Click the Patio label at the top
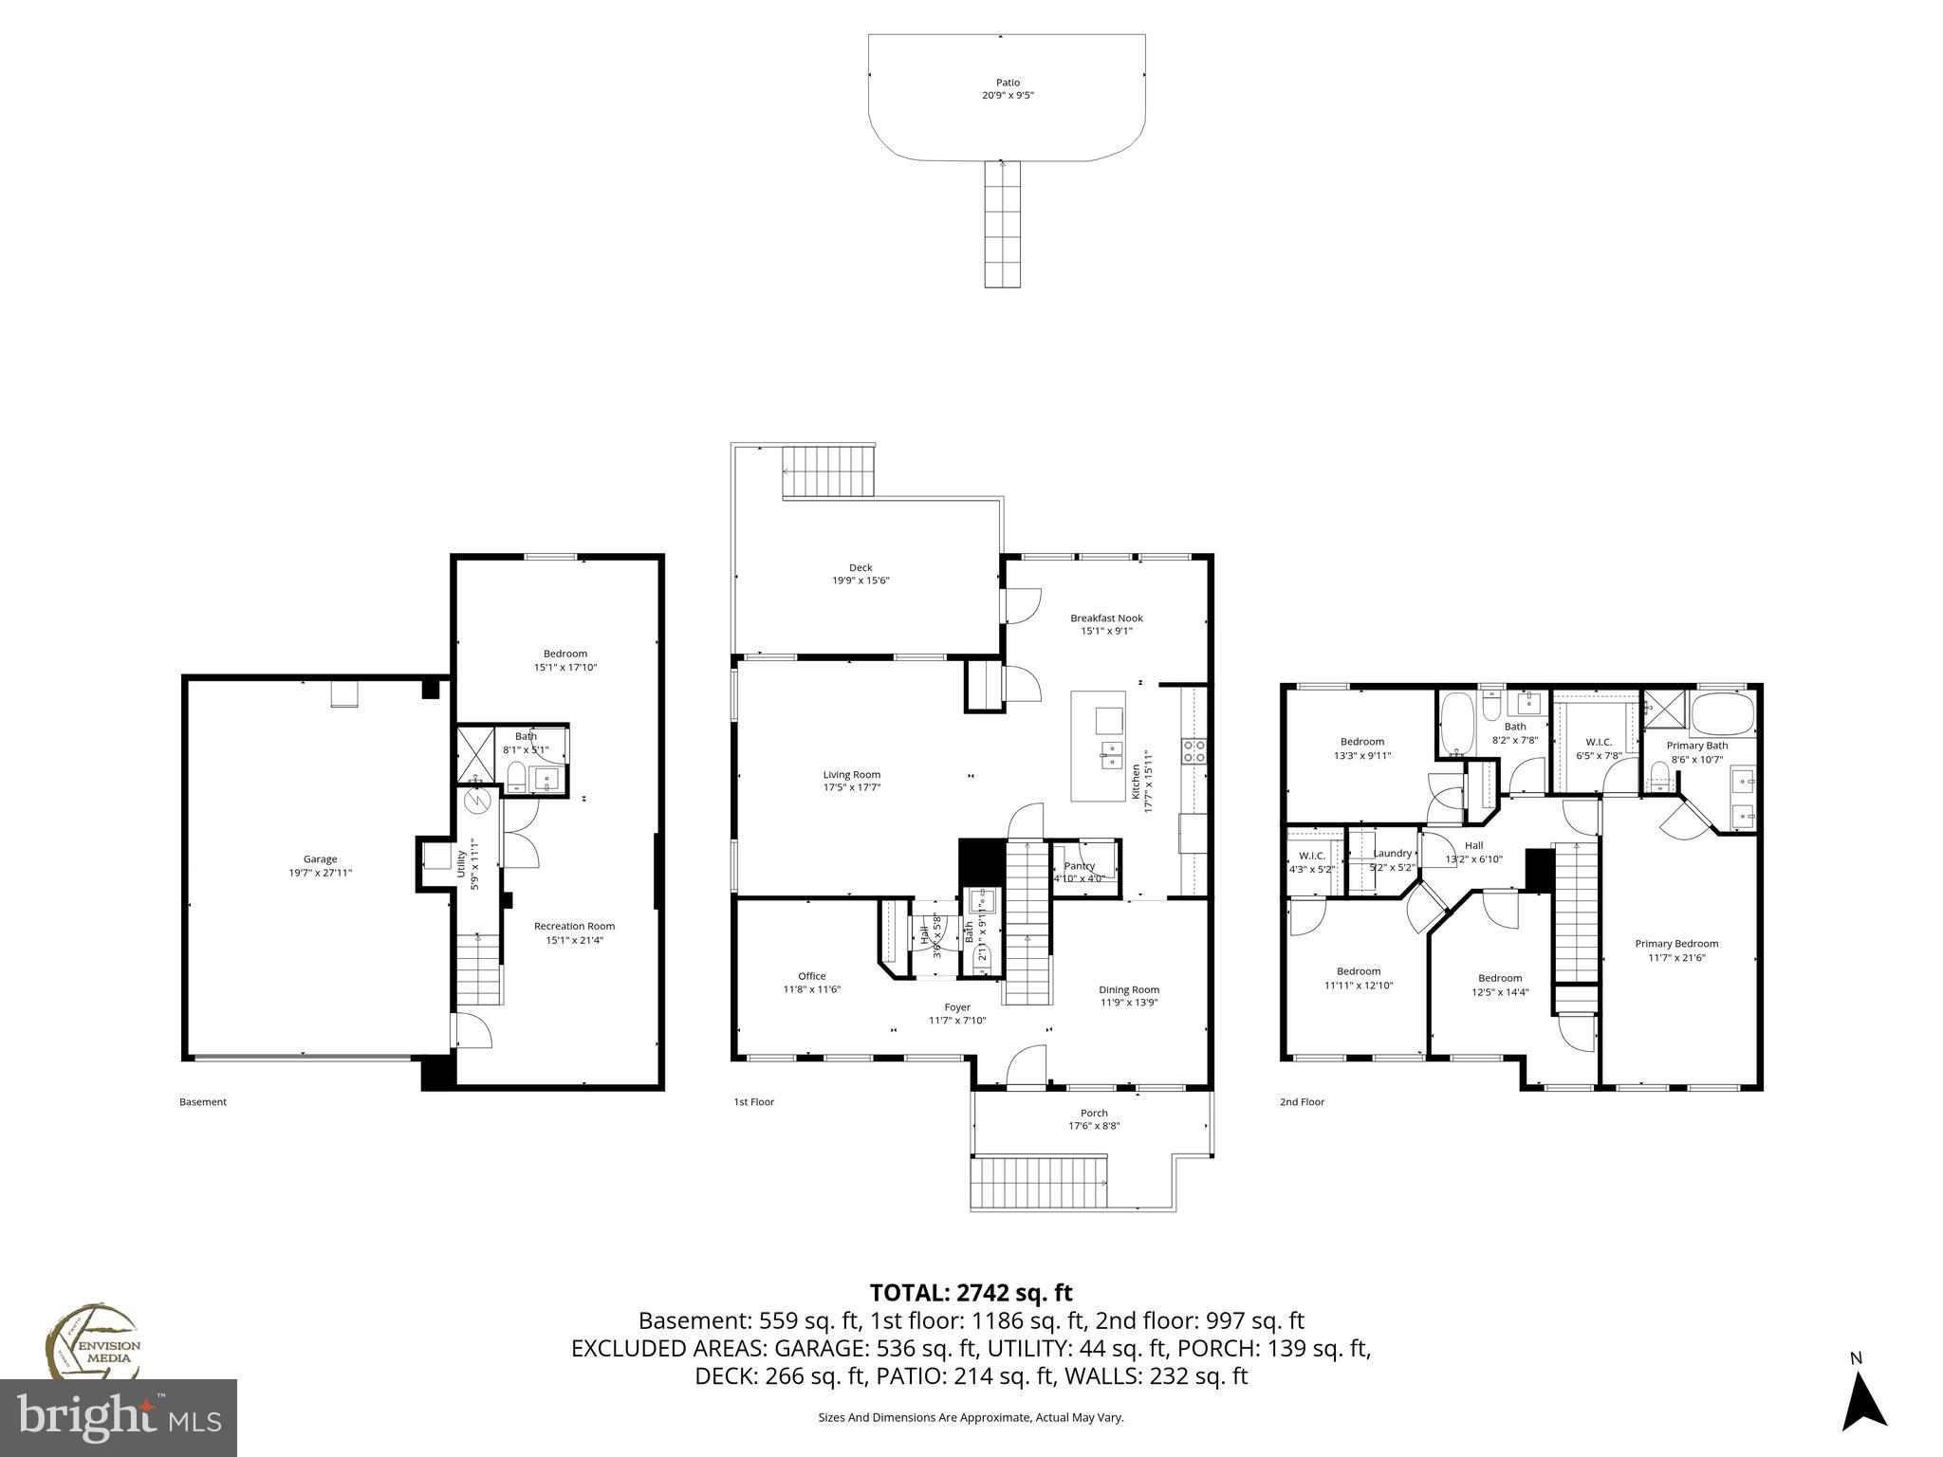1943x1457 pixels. tap(1008, 83)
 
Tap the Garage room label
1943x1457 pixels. tap(320, 859)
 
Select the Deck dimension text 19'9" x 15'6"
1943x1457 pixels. tap(860, 581)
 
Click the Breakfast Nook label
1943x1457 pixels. tap(1106, 618)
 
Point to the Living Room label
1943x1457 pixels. tap(851, 774)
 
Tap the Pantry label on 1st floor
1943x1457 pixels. tap(1079, 865)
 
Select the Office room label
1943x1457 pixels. tap(811, 976)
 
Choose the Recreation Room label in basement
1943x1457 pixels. tap(574, 926)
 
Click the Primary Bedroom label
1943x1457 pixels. tap(1675, 944)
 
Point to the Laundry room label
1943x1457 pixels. tap(1392, 854)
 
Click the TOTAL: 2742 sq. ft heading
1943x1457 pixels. tap(971, 1292)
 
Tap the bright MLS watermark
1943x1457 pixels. tap(119, 1417)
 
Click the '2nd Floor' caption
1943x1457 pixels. tap(1302, 1101)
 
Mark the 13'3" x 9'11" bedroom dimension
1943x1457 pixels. tap(1361, 755)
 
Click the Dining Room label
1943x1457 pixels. tap(1129, 989)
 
